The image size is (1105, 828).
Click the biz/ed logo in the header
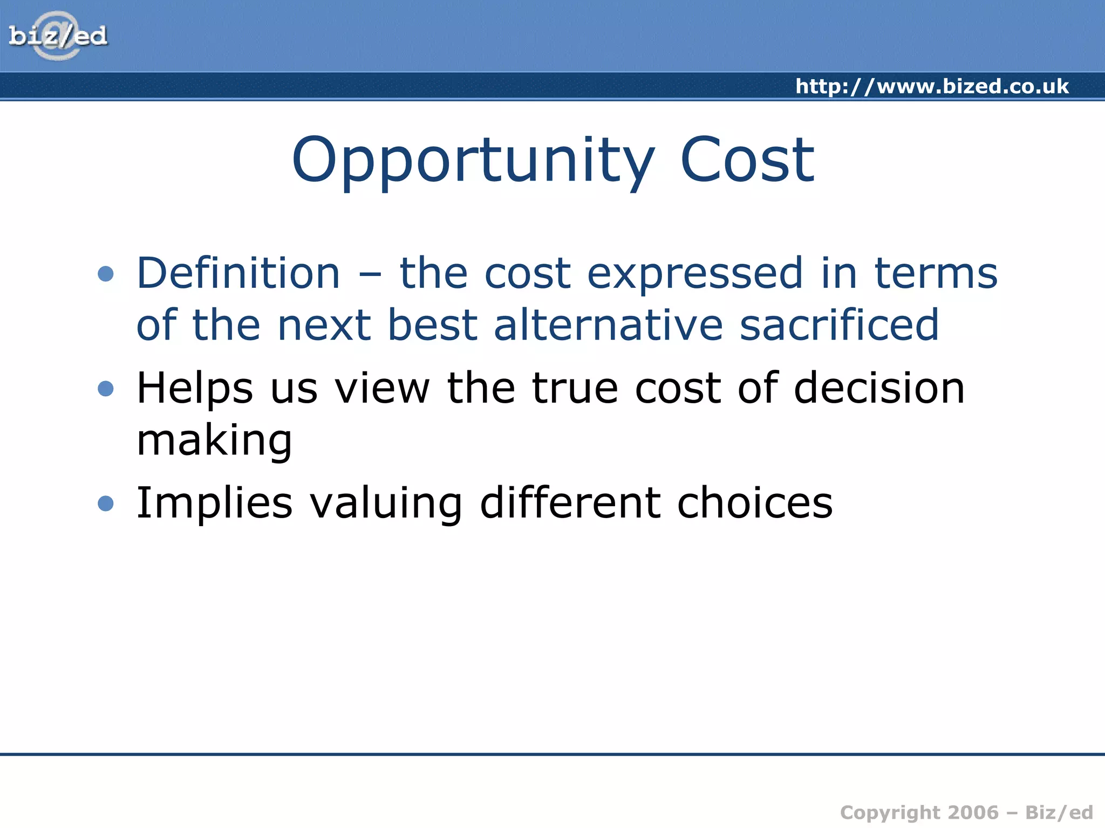(x=58, y=36)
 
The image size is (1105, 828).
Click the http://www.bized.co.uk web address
(x=932, y=86)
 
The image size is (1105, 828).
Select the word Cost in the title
(x=747, y=160)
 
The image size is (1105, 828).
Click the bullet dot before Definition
(x=106, y=274)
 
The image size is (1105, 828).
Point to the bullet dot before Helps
(x=106, y=389)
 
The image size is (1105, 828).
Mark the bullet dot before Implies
(x=106, y=503)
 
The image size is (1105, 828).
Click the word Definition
(x=238, y=273)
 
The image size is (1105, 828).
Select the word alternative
(x=608, y=325)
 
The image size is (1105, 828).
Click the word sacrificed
(x=839, y=325)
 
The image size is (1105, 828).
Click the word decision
(x=879, y=388)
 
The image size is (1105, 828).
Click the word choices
(x=755, y=503)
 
